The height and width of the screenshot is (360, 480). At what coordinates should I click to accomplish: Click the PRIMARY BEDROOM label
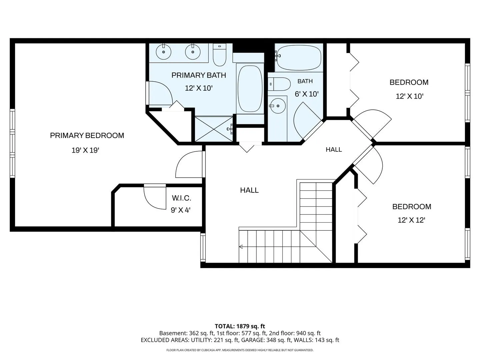87,136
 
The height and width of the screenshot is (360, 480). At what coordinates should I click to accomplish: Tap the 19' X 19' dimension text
86,150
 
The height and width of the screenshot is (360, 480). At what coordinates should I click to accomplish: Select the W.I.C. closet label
182,198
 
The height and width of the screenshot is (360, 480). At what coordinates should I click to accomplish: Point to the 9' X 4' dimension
181,210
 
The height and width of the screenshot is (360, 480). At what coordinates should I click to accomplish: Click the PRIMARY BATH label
199,75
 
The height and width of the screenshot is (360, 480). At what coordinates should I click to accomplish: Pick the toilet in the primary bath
220,55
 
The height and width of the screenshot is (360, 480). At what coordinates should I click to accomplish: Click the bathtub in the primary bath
250,89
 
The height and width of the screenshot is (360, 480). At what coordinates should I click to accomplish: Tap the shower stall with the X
214,129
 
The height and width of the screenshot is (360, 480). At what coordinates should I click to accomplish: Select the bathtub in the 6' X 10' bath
299,58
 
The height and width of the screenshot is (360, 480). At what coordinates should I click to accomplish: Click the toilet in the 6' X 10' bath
279,84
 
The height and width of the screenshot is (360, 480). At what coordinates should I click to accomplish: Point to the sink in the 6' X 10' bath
278,106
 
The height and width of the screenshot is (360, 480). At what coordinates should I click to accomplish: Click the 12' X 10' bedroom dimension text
410,96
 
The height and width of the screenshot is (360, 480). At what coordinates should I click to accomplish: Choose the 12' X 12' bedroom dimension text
411,220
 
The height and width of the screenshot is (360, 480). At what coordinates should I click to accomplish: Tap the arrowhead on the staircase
241,247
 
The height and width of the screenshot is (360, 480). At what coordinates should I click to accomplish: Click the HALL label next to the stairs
249,190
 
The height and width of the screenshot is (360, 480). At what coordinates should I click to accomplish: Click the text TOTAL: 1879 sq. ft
240,326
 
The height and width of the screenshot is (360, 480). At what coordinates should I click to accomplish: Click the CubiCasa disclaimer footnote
240,350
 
